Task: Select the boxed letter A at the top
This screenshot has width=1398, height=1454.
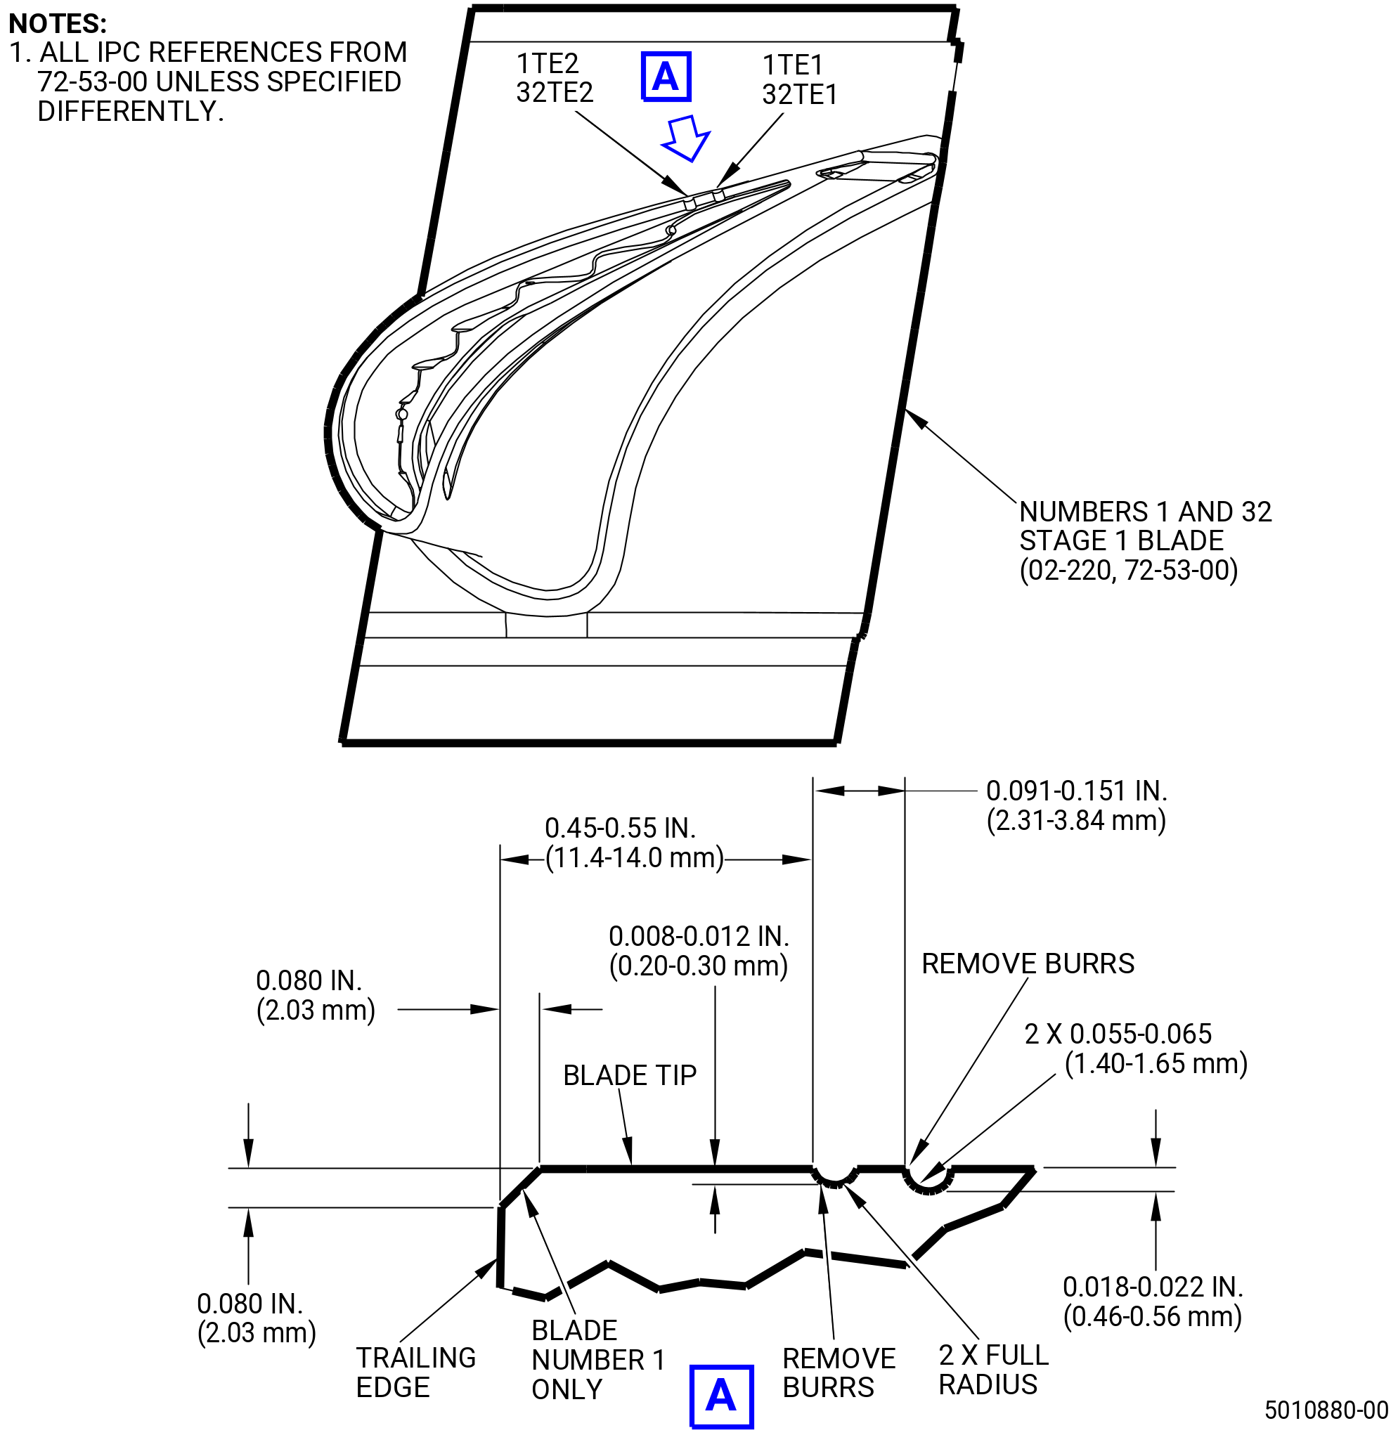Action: pos(666,77)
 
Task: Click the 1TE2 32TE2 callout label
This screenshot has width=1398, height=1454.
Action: pos(555,78)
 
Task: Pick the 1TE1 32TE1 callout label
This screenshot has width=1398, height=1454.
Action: pos(800,80)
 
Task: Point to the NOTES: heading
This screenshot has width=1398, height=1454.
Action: pos(57,24)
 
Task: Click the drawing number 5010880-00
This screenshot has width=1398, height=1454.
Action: pos(1326,1410)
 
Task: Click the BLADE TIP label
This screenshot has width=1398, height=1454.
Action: pos(630,1075)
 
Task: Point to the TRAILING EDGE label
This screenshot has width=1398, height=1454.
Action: pos(415,1372)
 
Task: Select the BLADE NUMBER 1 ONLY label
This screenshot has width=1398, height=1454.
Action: pos(598,1360)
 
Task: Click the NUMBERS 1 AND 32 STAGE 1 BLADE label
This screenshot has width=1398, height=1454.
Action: pos(1145,541)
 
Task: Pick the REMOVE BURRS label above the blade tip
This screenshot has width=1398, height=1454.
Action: pos(1028,963)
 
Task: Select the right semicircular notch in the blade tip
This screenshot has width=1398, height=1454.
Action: pos(928,1192)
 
